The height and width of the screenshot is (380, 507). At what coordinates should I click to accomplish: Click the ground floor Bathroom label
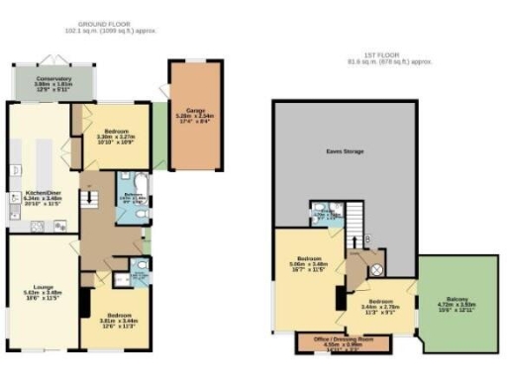(x=133, y=196)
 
